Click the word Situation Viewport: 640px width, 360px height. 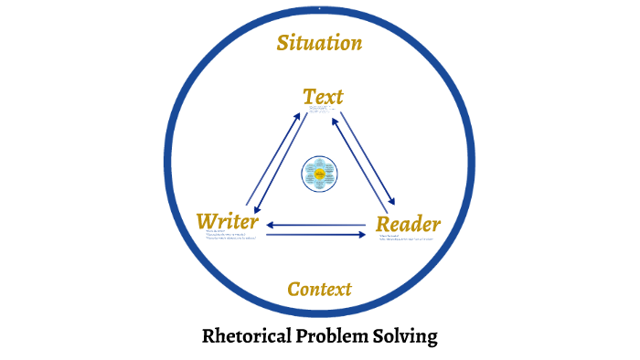click(x=320, y=43)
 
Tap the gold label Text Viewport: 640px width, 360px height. click(x=323, y=95)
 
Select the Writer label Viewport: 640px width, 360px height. click(x=228, y=221)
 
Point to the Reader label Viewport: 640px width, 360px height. click(x=409, y=224)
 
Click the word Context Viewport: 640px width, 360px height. click(x=319, y=290)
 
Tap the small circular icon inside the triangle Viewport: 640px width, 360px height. click(x=320, y=173)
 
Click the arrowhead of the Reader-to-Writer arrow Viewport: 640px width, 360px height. click(x=271, y=224)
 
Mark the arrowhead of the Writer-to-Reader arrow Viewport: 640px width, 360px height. click(x=364, y=235)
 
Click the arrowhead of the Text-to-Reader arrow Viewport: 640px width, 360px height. click(x=394, y=204)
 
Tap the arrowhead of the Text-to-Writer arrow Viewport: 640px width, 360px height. click(x=256, y=210)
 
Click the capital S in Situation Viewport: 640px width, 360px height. click(x=283, y=43)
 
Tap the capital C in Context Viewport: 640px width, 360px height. click(x=294, y=290)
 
